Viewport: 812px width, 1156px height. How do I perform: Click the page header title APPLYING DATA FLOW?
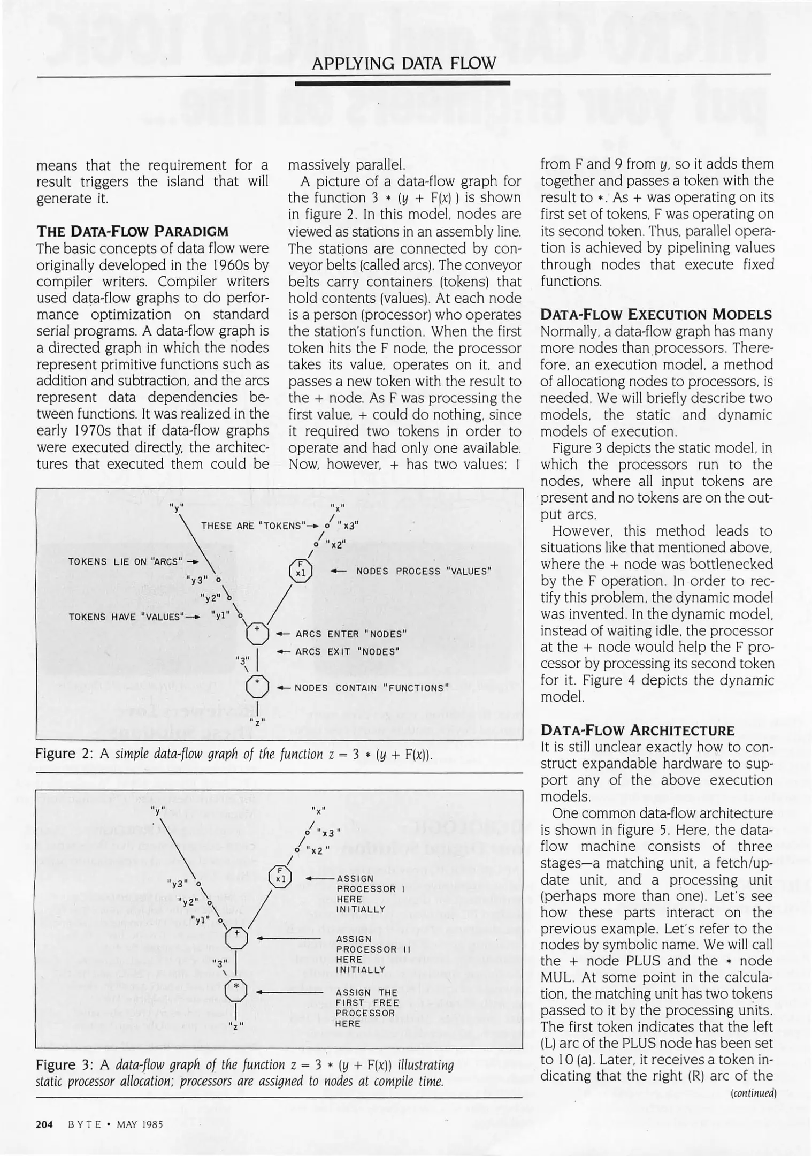(403, 64)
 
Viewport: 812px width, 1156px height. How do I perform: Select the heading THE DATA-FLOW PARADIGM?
(132, 231)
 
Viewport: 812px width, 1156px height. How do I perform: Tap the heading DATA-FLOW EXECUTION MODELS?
(656, 314)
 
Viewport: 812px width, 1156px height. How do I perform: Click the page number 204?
(44, 1124)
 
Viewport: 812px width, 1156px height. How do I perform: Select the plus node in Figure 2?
(257, 634)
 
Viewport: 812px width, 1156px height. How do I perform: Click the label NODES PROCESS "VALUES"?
(423, 571)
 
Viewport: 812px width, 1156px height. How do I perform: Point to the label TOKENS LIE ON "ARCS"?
(126, 561)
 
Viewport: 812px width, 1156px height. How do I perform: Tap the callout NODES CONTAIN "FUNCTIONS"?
(371, 688)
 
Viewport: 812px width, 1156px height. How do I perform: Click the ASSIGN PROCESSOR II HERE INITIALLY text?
(372, 954)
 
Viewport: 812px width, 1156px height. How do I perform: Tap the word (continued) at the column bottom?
(753, 1092)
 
